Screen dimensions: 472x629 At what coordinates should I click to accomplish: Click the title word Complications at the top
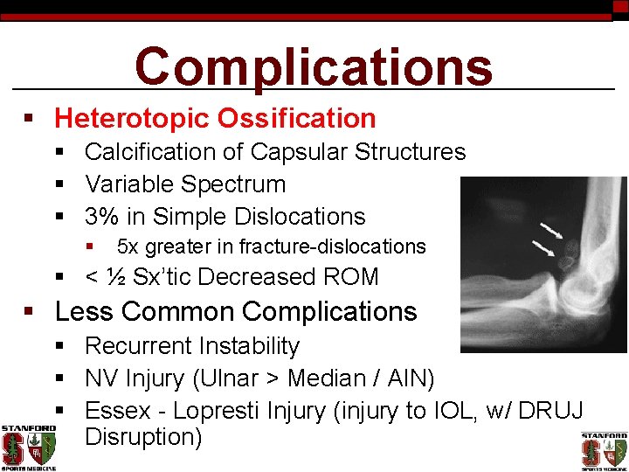click(314, 66)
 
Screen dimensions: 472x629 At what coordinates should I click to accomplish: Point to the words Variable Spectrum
click(185, 184)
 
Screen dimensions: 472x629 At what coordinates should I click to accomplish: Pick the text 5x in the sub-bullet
click(128, 247)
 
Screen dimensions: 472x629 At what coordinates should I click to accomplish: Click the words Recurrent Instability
click(191, 346)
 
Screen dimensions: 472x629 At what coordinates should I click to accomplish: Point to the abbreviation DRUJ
click(547, 411)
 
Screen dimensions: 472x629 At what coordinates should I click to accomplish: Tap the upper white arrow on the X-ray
click(551, 232)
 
